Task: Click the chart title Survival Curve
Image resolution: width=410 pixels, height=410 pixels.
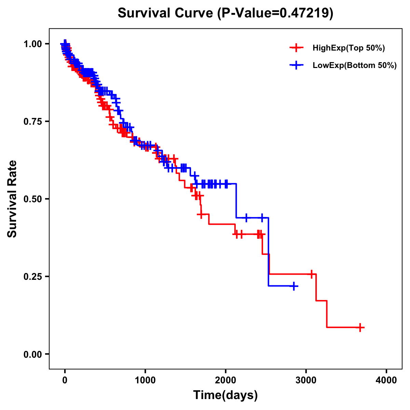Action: (166, 13)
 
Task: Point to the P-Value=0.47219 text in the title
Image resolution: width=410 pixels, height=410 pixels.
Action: (275, 13)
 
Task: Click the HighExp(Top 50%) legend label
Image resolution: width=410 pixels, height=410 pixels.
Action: (348, 48)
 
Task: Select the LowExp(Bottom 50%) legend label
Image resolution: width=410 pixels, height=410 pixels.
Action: (355, 66)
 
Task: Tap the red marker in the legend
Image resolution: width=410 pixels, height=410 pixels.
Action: (297, 48)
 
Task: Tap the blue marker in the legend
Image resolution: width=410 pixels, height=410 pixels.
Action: (297, 65)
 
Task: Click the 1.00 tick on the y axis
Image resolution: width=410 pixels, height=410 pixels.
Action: (32, 44)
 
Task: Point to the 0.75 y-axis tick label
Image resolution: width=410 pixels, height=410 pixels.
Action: (32, 121)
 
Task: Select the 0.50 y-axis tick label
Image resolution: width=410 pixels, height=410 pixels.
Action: (32, 199)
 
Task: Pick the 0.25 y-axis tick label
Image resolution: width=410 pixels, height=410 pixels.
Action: (32, 276)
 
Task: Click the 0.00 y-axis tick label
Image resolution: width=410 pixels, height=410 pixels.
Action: (32, 354)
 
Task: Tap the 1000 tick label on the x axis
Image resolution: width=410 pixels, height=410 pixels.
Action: (145, 380)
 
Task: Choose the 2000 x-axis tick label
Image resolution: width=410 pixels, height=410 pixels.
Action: (225, 380)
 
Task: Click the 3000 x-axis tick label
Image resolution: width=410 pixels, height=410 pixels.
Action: (306, 380)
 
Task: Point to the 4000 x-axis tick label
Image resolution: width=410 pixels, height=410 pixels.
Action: (386, 380)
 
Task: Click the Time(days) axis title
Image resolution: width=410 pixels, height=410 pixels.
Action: (225, 395)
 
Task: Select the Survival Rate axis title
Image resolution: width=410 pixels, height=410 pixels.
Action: (12, 199)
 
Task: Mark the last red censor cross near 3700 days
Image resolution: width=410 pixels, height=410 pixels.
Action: (360, 327)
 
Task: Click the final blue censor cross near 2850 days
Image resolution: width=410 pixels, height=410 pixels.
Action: (293, 286)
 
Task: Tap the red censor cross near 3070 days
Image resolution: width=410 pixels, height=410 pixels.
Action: (311, 274)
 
